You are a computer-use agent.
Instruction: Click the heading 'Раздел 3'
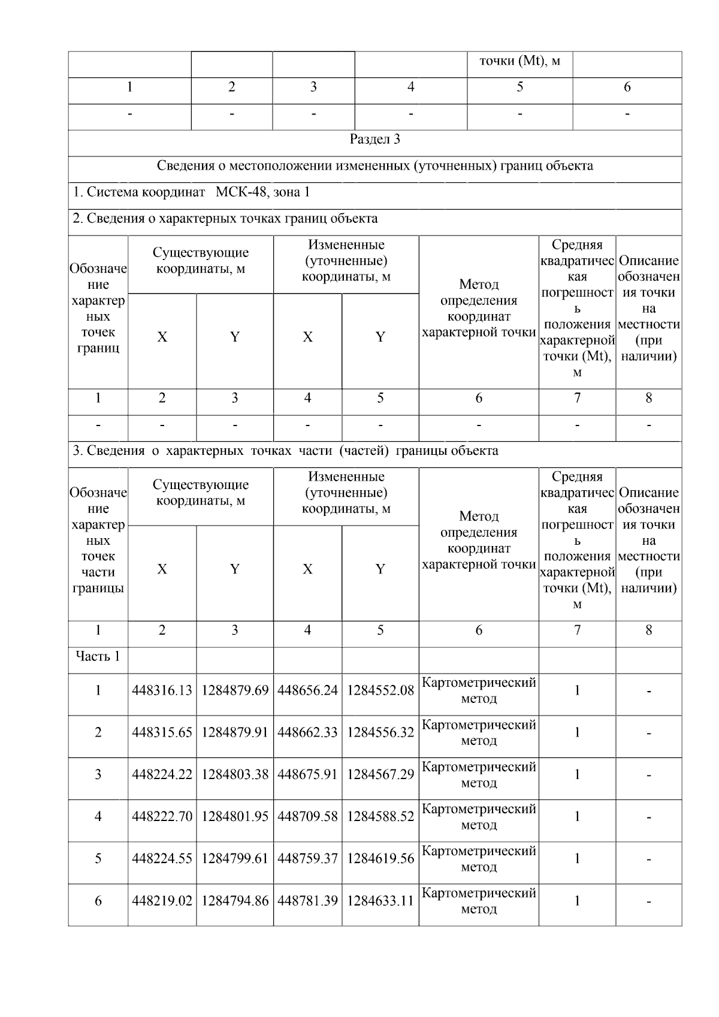(374, 140)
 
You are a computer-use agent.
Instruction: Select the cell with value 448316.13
(162, 690)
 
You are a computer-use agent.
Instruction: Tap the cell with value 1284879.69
(235, 690)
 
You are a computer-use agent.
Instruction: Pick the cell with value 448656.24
(307, 690)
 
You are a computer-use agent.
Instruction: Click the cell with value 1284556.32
(380, 732)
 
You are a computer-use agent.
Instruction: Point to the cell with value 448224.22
(162, 774)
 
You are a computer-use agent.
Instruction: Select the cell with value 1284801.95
(235, 816)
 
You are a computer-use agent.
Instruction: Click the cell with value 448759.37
(307, 858)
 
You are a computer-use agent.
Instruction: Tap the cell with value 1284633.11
(380, 901)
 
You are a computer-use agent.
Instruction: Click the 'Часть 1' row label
(98, 656)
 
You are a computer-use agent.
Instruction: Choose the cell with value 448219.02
(162, 901)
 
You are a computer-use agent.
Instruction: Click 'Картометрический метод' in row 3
(479, 774)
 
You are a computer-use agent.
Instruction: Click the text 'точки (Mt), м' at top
(519, 61)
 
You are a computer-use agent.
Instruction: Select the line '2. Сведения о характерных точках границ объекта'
(225, 219)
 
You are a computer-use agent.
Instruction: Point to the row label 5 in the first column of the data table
(98, 858)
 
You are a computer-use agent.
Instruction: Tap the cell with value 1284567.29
(380, 774)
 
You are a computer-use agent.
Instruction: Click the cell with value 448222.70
(162, 816)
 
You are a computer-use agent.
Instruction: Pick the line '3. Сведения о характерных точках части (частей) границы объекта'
(285, 451)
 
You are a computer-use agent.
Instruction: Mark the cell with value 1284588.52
(380, 816)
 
